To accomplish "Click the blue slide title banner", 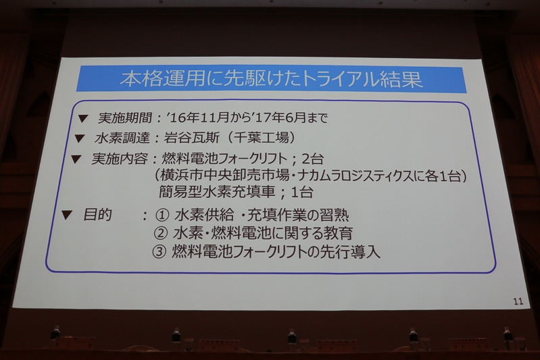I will (x=271, y=79).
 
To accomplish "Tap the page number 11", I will (x=518, y=301).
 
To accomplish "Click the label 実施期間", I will (x=116, y=119).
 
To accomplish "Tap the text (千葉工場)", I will (x=261, y=139).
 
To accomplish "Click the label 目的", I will (x=97, y=215).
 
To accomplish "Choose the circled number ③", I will (x=161, y=253).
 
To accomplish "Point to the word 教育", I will (x=337, y=234).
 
